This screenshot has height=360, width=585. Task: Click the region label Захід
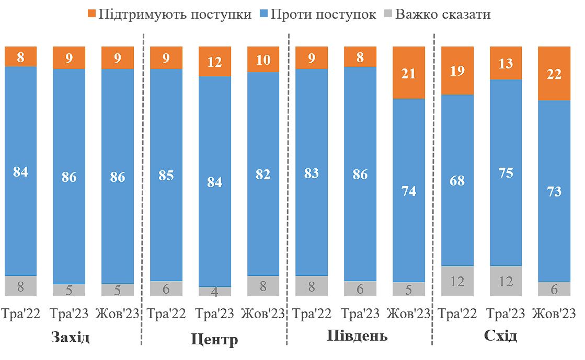[71, 337]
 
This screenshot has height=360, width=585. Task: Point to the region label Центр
[214, 340]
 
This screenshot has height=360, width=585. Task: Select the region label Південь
[358, 335]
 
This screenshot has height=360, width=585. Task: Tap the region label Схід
[501, 335]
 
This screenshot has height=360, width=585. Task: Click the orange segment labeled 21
[409, 73]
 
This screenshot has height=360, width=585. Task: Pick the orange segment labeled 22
[554, 73]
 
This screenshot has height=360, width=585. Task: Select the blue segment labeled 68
[457, 180]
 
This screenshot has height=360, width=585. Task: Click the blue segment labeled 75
[506, 173]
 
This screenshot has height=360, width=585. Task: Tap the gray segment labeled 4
[215, 292]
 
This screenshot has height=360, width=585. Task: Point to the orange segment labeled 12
[215, 62]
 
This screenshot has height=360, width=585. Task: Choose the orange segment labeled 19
[457, 71]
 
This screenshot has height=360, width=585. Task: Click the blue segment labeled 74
[409, 191]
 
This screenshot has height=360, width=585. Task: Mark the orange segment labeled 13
[506, 63]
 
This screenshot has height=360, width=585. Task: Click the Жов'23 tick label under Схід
[554, 314]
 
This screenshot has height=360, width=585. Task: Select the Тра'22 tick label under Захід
[20, 314]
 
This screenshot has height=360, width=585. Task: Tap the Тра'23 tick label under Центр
[215, 314]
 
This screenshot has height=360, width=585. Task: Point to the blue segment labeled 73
[554, 191]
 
